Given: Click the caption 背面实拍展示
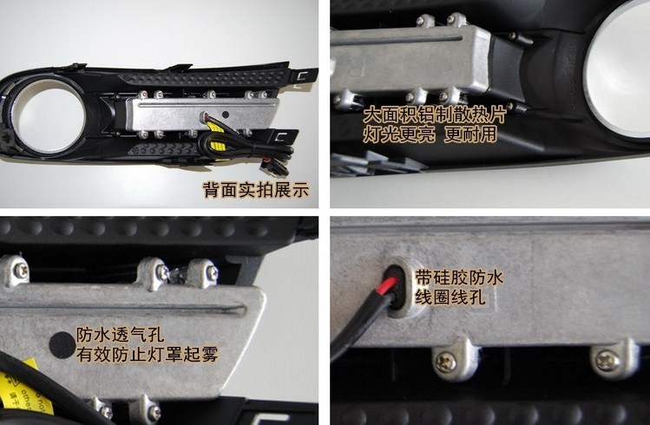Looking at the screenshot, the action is [x=256, y=190].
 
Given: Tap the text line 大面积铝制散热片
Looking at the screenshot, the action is [x=435, y=115].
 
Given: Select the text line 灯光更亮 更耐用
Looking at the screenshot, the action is [x=430, y=134].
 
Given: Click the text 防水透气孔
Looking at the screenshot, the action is [x=120, y=335].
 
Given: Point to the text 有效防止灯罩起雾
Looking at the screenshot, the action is [x=148, y=355].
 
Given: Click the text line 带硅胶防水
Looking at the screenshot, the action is [x=459, y=278].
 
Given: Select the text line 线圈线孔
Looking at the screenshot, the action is [x=450, y=297].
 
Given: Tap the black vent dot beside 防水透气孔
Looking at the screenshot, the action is [x=62, y=345].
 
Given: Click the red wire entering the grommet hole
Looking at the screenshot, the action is [x=390, y=285].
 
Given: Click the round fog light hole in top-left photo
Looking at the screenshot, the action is [x=50, y=116].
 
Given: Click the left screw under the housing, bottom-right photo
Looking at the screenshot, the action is [x=446, y=362].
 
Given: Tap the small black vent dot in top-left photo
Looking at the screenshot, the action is [x=226, y=114].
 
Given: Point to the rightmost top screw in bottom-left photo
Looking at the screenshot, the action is [x=212, y=272].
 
